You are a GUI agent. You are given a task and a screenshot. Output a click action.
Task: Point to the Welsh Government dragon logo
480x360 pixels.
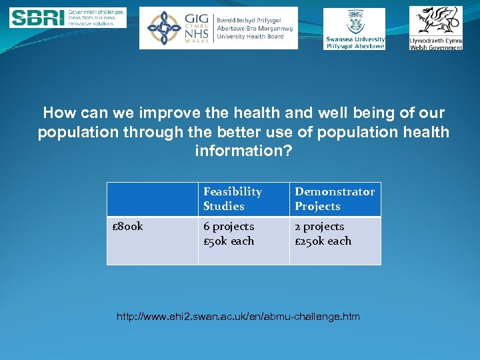[435, 20]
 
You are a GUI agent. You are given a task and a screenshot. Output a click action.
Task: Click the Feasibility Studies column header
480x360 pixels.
[243, 199]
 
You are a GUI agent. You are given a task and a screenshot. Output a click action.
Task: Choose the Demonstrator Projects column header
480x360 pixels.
[335, 199]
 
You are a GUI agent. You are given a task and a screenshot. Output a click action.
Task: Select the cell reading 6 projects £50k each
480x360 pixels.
[243, 234]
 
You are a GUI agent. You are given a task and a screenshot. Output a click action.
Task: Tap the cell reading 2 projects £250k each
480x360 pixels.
[335, 234]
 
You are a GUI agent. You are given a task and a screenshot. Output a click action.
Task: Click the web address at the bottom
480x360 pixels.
[238, 317]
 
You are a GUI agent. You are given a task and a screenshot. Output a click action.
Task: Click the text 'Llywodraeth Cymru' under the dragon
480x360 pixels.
[435, 41]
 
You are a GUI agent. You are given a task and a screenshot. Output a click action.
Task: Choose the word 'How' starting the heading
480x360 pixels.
[57, 113]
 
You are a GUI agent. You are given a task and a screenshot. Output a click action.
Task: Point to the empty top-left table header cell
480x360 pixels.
[152, 199]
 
